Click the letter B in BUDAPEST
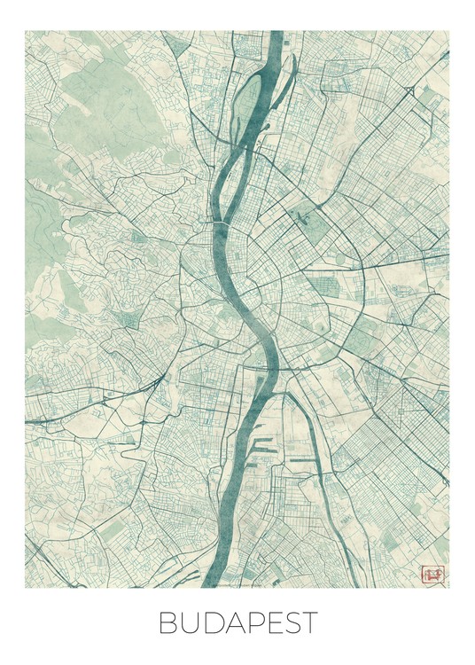coord(168,623)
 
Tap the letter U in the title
coord(191,623)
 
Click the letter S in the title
coord(289,623)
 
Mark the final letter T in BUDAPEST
coord(308,623)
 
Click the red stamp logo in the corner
coord(432,575)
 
